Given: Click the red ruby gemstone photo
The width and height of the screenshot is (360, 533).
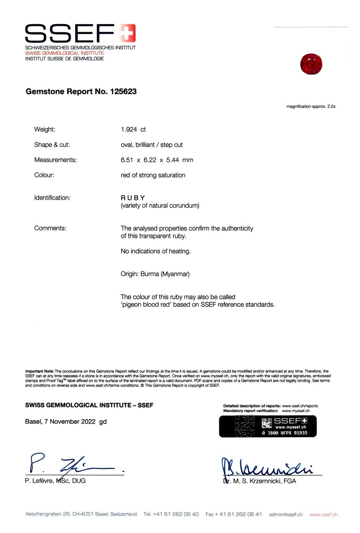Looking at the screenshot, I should point(311,64).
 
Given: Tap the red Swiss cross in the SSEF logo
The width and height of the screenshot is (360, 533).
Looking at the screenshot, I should point(127,33).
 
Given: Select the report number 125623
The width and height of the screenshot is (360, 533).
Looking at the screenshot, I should point(123,91).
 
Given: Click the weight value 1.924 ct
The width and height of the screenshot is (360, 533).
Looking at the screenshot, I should point(133,129).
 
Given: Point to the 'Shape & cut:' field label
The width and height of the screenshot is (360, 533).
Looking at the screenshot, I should point(52,145).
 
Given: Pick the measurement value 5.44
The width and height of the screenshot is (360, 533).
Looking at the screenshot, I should point(173,160).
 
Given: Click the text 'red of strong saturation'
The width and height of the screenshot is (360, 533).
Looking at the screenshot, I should point(153,175).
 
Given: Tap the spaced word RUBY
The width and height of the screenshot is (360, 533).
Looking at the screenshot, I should point(133,198).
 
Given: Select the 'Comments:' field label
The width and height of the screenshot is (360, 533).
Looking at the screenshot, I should point(50,228).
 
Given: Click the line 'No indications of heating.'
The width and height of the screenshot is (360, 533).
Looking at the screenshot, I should point(156,251).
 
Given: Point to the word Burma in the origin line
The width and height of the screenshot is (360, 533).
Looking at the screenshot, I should point(150,274).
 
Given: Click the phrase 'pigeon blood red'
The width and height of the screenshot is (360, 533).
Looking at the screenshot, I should point(146,305).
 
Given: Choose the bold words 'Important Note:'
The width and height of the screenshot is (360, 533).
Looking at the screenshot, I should point(40,371).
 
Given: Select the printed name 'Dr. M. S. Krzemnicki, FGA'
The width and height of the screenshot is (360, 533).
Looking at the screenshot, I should point(260,481).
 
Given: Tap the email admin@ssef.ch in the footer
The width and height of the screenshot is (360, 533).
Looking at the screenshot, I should point(286,514).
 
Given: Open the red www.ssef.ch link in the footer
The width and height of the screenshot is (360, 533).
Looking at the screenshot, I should point(324,514).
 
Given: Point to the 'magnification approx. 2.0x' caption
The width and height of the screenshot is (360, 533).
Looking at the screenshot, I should point(311,107).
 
